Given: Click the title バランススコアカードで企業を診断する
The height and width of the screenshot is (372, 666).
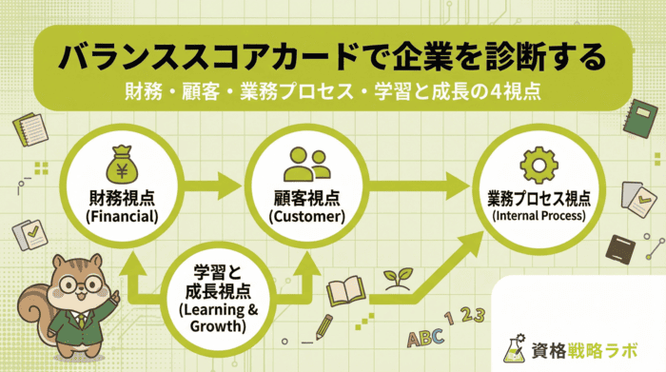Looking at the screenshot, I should click(x=333, y=55).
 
